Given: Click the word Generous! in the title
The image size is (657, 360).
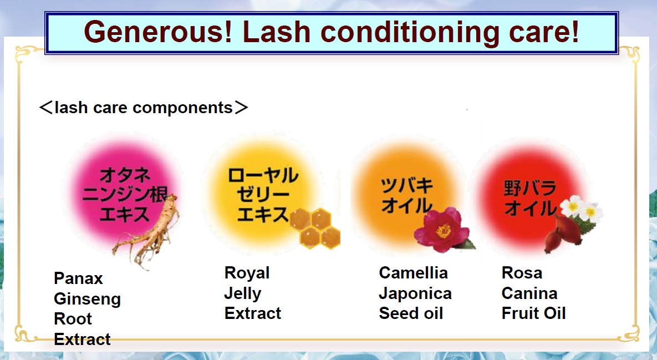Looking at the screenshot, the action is pyautogui.click(x=158, y=32).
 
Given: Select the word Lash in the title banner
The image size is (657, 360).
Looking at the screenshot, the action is pyautogui.click(x=276, y=32).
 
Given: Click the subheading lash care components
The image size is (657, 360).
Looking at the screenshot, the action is pyautogui.click(x=143, y=107).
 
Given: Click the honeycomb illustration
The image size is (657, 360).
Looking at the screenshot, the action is pyautogui.click(x=315, y=229).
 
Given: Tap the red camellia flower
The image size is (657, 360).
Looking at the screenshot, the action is pyautogui.click(x=442, y=230).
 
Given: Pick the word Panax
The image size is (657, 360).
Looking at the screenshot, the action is pyautogui.click(x=78, y=278).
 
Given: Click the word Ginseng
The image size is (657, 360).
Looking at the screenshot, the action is pyautogui.click(x=87, y=299).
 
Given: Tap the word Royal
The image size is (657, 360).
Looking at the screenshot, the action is pyautogui.click(x=247, y=273).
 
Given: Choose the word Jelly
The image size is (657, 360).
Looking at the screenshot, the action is pyautogui.click(x=243, y=293).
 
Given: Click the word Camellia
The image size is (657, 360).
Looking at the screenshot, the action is pyautogui.click(x=414, y=273).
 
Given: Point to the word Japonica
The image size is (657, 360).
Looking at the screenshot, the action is pyautogui.click(x=415, y=293).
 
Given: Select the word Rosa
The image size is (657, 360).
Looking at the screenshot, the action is pyautogui.click(x=522, y=273).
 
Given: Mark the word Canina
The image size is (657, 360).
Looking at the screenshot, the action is pyautogui.click(x=529, y=293).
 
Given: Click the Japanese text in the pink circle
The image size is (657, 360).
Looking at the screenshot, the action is pyautogui.click(x=124, y=195).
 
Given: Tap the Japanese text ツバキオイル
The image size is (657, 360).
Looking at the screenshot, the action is pyautogui.click(x=406, y=195).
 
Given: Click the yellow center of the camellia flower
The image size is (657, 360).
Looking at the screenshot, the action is pyautogui.click(x=444, y=231).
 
